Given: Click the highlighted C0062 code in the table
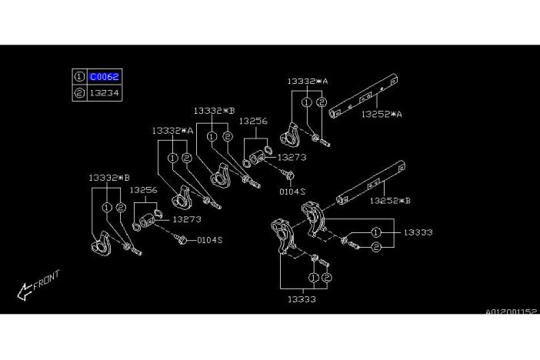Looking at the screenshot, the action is pyautogui.click(x=104, y=76).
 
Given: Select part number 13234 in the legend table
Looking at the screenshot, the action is pyautogui.click(x=104, y=92).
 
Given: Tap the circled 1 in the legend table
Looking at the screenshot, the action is pyautogui.click(x=79, y=76).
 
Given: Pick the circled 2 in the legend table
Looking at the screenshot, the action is pyautogui.click(x=79, y=92).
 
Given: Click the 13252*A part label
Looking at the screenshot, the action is pyautogui.click(x=382, y=114).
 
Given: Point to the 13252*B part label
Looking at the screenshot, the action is pyautogui.click(x=390, y=201).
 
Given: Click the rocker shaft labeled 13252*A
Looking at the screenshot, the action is pyautogui.click(x=363, y=96).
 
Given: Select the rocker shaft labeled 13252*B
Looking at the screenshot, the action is pyautogui.click(x=371, y=182).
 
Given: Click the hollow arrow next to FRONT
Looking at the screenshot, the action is pyautogui.click(x=25, y=291).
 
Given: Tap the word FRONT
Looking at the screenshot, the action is pyautogui.click(x=46, y=280).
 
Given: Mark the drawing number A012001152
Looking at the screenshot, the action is pyautogui.click(x=511, y=312).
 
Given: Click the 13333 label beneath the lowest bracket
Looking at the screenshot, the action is pyautogui.click(x=302, y=299).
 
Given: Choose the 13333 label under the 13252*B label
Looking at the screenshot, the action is pyautogui.click(x=418, y=232).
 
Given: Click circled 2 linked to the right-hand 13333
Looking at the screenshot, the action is pyautogui.click(x=376, y=247).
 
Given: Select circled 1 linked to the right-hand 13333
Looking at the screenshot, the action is pyautogui.click(x=376, y=232).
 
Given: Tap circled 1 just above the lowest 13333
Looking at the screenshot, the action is pyautogui.click(x=313, y=278).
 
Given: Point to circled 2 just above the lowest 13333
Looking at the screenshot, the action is pyautogui.click(x=326, y=278).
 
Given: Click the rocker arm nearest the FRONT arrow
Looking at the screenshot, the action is pyautogui.click(x=101, y=245).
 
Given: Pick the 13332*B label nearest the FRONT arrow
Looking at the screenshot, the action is pyautogui.click(x=109, y=178).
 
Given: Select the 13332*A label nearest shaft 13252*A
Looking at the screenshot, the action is pyautogui.click(x=308, y=82).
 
